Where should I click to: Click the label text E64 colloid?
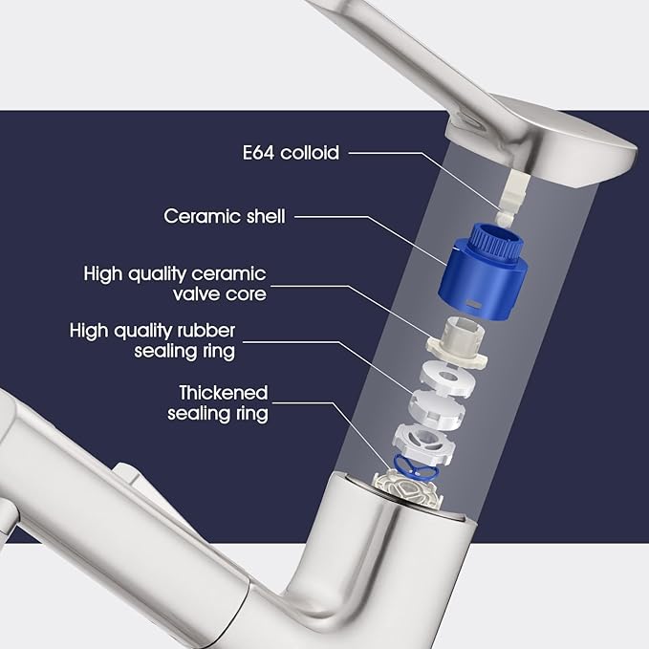[291, 152]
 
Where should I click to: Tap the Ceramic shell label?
[225, 216]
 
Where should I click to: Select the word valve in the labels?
[197, 293]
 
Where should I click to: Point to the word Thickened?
[224, 393]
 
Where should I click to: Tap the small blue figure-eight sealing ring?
[414, 467]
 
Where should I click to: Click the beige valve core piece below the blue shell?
[458, 341]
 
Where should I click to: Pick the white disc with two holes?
[447, 378]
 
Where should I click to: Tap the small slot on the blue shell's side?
[472, 304]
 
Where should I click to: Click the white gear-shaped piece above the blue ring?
[423, 443]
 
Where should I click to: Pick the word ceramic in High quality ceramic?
[228, 274]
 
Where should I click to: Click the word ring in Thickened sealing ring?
[251, 414]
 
